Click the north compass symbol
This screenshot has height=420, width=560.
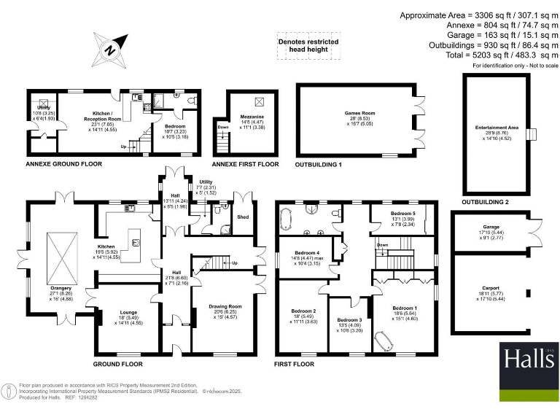(108, 49)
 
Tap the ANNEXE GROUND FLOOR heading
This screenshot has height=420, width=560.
(64, 164)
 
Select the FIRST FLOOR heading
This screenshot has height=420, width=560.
(295, 363)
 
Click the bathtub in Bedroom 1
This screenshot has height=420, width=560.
(385, 340)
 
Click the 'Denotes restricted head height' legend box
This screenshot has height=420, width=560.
(308, 47)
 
